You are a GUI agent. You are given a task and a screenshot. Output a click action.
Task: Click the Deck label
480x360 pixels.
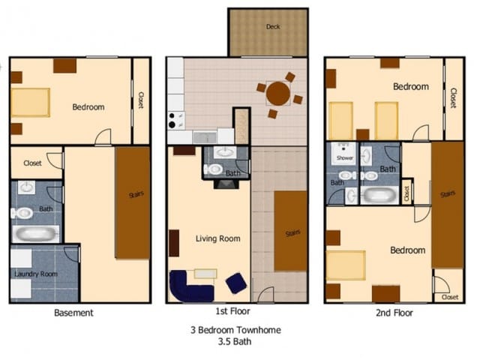point(273,27)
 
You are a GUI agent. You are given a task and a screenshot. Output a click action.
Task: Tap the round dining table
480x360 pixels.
point(278,94)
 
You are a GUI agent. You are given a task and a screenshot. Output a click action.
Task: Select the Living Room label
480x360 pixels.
point(217,238)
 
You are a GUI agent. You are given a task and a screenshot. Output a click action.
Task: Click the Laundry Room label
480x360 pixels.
point(35,274)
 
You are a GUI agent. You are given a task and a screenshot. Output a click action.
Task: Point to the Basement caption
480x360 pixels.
point(73,313)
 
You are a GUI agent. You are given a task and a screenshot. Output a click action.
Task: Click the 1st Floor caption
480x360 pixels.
point(232,310)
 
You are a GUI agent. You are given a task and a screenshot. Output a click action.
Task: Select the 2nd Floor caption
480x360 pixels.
point(393,312)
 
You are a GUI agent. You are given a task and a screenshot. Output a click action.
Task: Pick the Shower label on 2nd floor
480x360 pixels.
point(344,159)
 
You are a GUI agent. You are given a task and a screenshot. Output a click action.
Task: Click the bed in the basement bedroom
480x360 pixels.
point(30,103)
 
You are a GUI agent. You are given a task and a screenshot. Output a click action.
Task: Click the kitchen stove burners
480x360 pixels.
point(175,121)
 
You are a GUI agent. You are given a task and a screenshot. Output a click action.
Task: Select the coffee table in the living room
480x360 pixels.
point(205,273)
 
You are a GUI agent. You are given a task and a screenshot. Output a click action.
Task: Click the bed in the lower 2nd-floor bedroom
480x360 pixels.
point(346,265)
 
